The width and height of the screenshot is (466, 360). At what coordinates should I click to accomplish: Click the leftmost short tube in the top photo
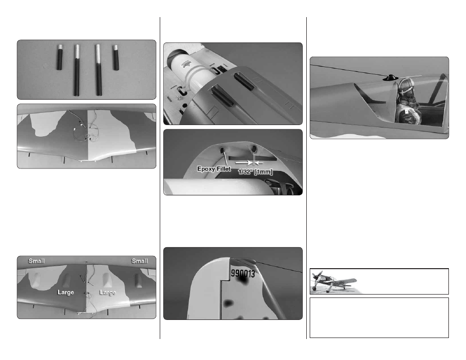pyautogui.click(x=60, y=57)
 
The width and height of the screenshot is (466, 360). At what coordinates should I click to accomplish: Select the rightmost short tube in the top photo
pyautogui.click(x=116, y=57)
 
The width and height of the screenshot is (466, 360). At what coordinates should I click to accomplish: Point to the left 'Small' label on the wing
pyautogui.click(x=37, y=261)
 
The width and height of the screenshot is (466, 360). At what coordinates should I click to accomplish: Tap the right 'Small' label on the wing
pyautogui.click(x=140, y=261)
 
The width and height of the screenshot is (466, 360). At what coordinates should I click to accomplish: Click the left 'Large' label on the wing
pyautogui.click(x=65, y=292)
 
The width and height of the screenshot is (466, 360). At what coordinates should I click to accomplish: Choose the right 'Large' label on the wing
pyautogui.click(x=107, y=292)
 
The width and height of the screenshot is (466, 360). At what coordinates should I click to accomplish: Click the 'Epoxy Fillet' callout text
pyautogui.click(x=214, y=169)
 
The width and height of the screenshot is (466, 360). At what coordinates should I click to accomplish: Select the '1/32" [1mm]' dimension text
pyautogui.click(x=255, y=172)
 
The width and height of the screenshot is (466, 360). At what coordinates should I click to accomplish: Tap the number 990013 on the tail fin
pyautogui.click(x=243, y=273)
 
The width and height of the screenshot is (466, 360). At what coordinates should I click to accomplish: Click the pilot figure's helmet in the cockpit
pyautogui.click(x=405, y=85)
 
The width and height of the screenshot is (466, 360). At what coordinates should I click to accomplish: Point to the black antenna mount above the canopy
pyautogui.click(x=390, y=78)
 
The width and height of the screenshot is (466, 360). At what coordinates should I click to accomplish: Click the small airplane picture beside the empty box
pyautogui.click(x=334, y=281)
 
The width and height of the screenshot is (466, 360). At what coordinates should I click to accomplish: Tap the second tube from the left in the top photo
pyautogui.click(x=77, y=70)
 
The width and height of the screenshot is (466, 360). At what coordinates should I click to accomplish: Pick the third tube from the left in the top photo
pyautogui.click(x=98, y=70)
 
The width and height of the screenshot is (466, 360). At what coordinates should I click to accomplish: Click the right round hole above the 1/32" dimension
pyautogui.click(x=254, y=149)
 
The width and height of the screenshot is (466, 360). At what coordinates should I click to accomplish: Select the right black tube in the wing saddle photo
pyautogui.click(x=244, y=82)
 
